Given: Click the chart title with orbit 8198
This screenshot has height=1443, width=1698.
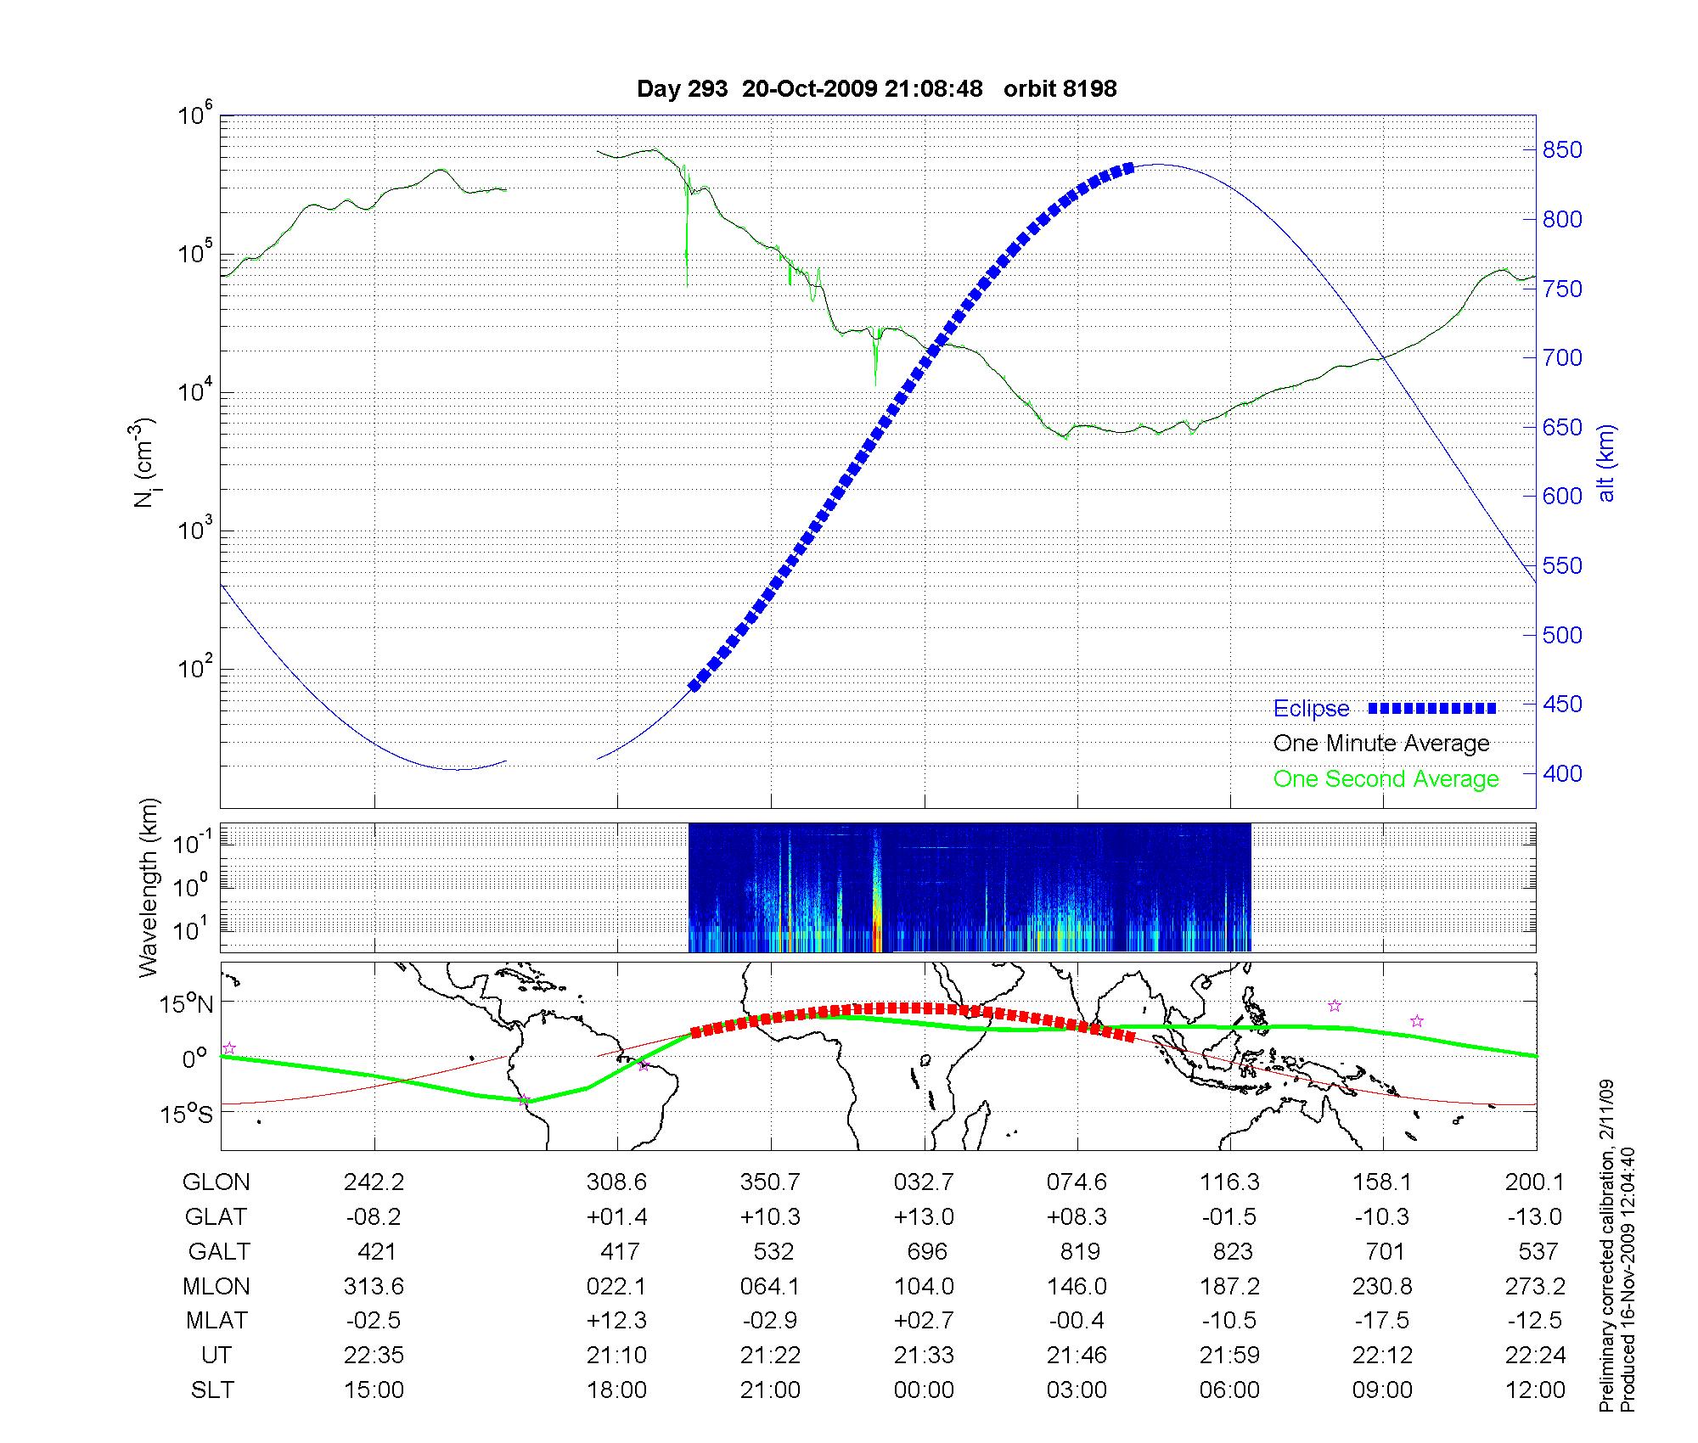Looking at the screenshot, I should (x=876, y=88).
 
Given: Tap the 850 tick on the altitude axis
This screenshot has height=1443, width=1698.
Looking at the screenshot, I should (x=1562, y=150).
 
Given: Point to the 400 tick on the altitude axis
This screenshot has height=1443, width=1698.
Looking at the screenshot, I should (x=1562, y=773).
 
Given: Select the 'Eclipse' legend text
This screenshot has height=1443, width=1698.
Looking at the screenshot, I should (x=1311, y=709).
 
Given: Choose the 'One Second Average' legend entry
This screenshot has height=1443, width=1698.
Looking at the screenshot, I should (x=1386, y=779).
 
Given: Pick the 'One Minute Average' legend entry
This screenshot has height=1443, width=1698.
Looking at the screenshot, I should (x=1381, y=744).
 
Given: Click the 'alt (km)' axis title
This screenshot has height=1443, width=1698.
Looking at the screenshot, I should (x=1606, y=463).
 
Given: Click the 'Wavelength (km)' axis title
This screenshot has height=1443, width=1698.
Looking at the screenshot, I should (x=149, y=888).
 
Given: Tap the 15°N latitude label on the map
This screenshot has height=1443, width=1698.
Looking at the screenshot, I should (x=187, y=1004).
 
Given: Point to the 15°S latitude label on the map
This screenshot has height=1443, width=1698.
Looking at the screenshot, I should (x=187, y=1114).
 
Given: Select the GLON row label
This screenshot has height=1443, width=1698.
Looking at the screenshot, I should (x=216, y=1182).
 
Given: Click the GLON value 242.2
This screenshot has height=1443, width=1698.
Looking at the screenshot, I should (x=374, y=1182).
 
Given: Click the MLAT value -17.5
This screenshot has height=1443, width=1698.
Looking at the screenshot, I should (x=1383, y=1321).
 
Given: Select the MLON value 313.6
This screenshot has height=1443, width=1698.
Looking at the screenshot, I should (x=374, y=1287).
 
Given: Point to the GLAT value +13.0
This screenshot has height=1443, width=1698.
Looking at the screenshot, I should (x=924, y=1217).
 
